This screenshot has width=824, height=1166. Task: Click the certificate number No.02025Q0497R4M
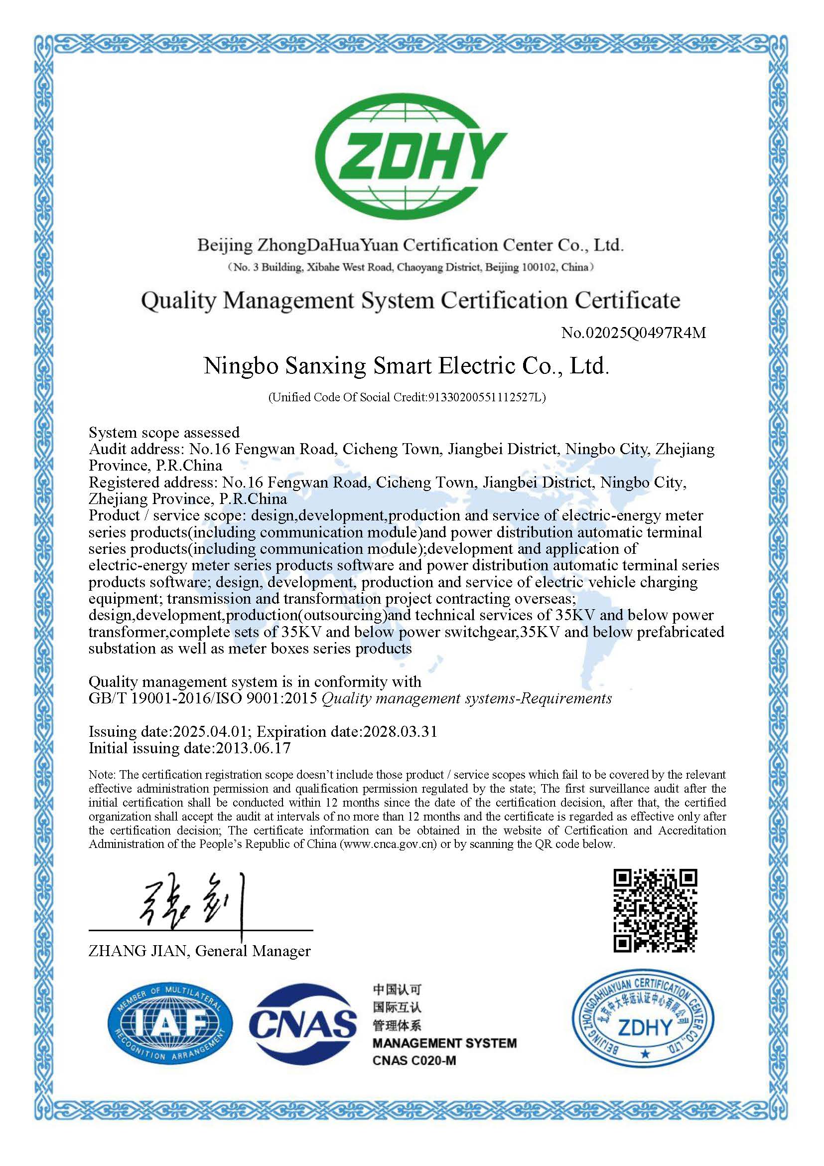click(633, 333)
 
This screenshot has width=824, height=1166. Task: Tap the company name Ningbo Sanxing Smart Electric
click(406, 365)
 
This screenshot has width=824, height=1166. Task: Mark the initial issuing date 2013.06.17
click(253, 748)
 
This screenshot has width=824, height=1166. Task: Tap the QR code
click(656, 911)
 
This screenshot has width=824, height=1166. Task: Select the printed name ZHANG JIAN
click(137, 951)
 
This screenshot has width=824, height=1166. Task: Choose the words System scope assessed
click(164, 433)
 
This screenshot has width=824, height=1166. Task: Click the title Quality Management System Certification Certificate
click(410, 301)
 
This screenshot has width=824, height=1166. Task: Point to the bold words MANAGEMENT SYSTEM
click(444, 1043)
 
